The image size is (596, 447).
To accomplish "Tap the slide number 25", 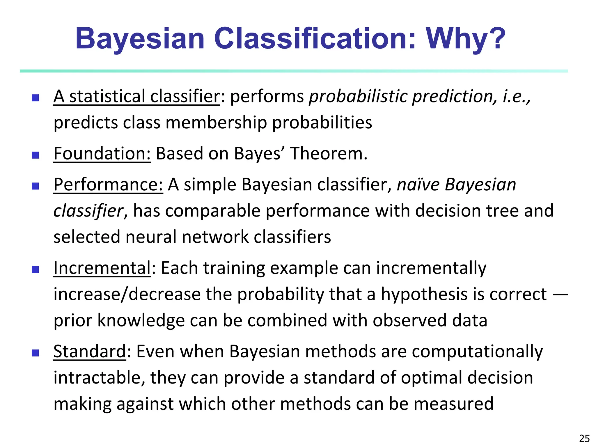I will (584, 438).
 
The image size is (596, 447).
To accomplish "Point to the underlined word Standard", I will (90, 351).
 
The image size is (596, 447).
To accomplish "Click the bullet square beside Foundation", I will (36, 155).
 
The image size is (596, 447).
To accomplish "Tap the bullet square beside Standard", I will (36, 353).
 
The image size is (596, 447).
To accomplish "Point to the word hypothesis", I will (425, 294).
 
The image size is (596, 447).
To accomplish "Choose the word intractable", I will (99, 377).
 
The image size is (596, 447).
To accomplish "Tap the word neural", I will (151, 237).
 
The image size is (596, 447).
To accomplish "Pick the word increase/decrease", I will (127, 294).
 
